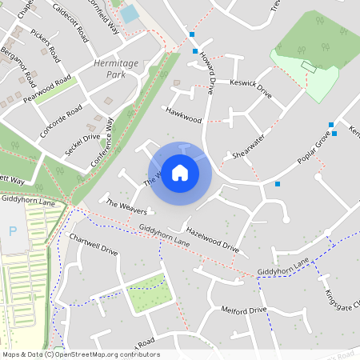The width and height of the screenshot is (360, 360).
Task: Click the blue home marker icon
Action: tap(180, 173)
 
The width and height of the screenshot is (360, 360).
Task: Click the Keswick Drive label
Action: tap(250, 89)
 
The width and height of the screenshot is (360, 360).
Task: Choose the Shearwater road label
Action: tap(248, 146)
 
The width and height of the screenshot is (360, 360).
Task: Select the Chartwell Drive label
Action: tap(94, 246)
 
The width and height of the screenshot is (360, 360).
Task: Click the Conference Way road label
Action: tap(102, 142)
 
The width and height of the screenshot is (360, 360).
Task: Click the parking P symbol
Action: tap(11, 230)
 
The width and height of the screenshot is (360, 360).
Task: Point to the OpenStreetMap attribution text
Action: tap(80, 354)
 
